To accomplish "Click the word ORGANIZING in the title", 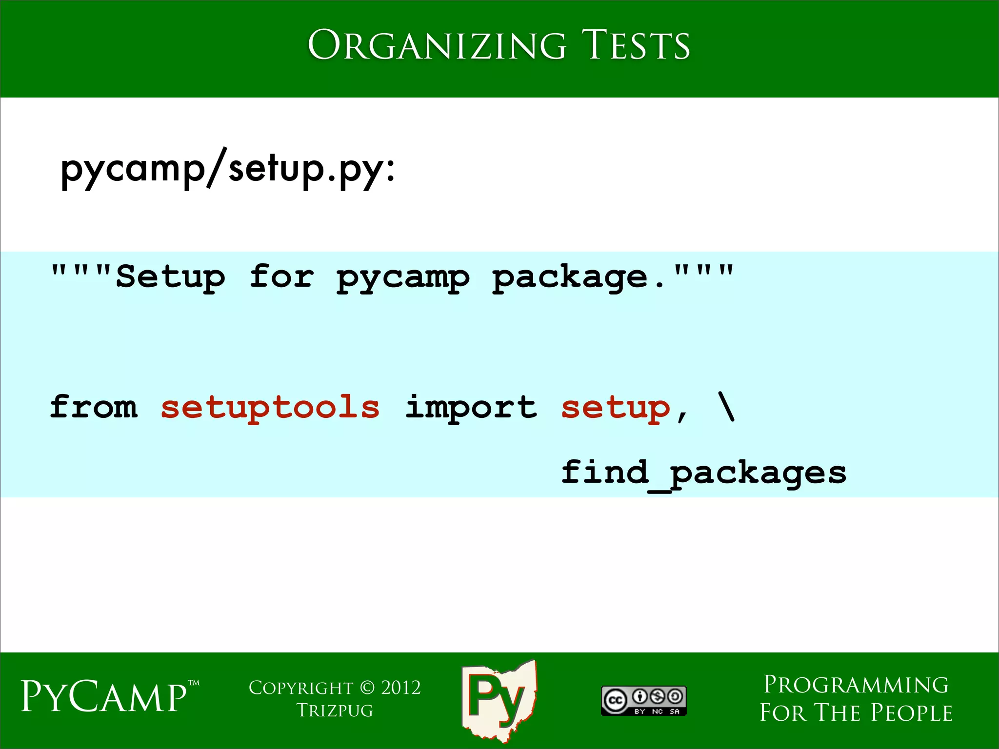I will click(437, 45).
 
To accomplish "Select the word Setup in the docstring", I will click(170, 277).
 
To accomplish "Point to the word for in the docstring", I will click(281, 277).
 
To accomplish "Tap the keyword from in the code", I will click(94, 407).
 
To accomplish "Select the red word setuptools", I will click(270, 407).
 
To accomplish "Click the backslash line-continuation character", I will click(726, 407).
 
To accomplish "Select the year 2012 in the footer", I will click(401, 688).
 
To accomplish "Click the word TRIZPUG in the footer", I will click(335, 711).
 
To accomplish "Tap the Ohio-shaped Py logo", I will click(499, 699).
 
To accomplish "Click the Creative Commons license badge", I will click(643, 701).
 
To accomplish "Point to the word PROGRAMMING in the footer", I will click(856, 685).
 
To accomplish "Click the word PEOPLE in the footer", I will click(912, 713).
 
